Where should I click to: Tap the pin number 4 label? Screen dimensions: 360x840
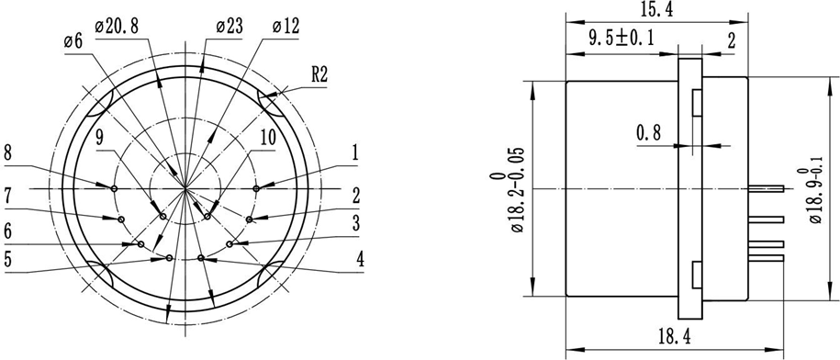[361, 260]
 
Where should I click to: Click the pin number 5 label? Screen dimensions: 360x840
[10, 260]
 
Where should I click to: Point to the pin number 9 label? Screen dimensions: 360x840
[101, 138]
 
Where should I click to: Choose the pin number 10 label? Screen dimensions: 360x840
[267, 138]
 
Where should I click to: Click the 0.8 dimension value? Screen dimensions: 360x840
[649, 133]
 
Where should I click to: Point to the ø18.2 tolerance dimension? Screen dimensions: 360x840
[507, 189]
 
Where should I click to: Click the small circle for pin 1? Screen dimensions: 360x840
[256, 188]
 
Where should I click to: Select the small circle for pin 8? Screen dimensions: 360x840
[114, 188]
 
